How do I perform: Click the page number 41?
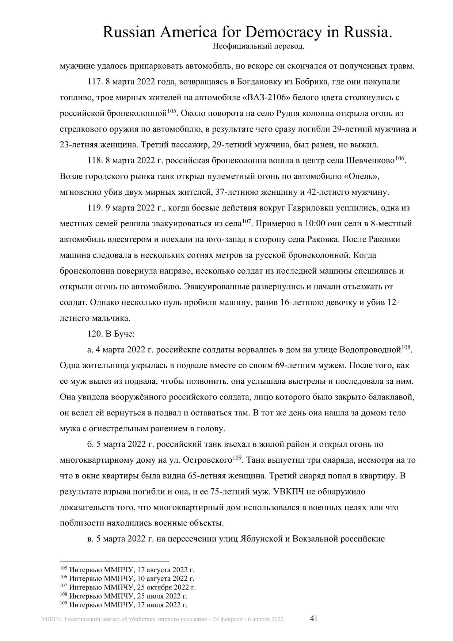click(314, 618)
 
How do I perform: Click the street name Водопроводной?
click(370, 350)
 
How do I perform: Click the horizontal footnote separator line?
click(114, 561)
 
